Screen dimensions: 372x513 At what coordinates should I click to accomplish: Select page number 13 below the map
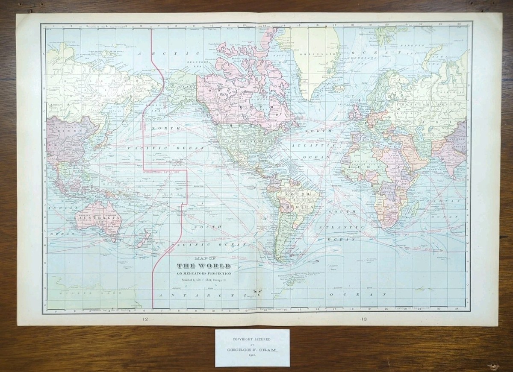pyautogui.click(x=363, y=319)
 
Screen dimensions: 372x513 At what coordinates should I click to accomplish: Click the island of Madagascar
pyautogui.click(x=414, y=209)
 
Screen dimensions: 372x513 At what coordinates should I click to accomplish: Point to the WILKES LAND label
pyautogui.click(x=71, y=293)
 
